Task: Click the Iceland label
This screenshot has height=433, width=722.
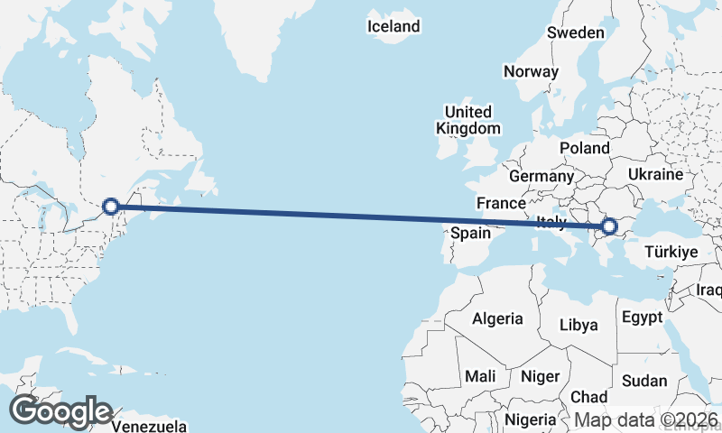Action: point(393,26)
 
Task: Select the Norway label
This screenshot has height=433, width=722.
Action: point(532,71)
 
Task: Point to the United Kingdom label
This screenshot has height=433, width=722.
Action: point(467,120)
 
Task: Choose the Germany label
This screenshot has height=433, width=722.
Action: point(541,176)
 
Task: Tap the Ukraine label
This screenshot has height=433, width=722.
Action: point(661,172)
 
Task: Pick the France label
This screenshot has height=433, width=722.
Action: point(501,202)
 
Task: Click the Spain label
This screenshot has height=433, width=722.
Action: point(470,233)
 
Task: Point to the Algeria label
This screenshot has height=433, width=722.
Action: point(497,318)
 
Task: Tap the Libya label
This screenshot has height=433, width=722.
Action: point(579,324)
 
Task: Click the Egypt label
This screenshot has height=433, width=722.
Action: point(643,318)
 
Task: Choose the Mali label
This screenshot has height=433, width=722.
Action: point(480,375)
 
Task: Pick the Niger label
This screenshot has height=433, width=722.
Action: point(541,376)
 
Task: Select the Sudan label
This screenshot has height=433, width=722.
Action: point(644,381)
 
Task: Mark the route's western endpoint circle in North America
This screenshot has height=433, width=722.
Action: point(110,207)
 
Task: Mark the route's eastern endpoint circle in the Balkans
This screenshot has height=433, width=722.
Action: point(609,226)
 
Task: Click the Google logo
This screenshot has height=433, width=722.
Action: point(60,411)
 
